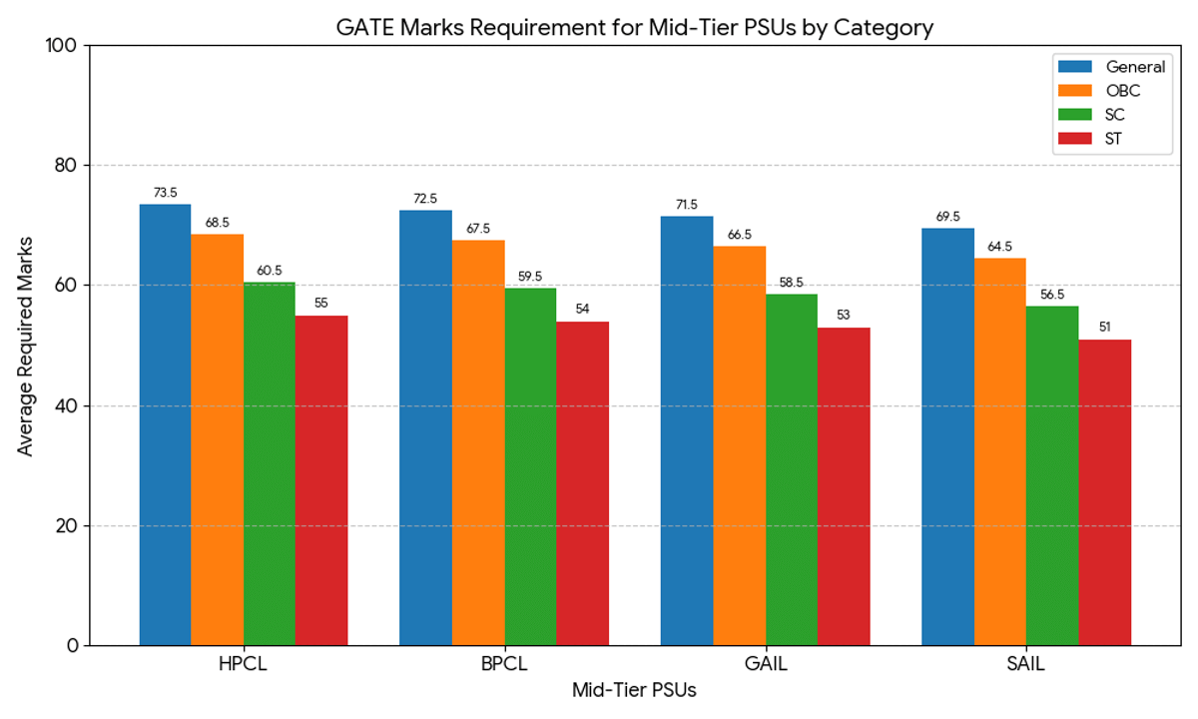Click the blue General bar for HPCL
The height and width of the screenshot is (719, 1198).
pos(165,424)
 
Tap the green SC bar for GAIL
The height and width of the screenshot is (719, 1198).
pos(792,469)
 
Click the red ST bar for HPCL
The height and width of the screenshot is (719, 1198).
pos(321,480)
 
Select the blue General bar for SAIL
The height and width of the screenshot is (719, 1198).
pos(947,436)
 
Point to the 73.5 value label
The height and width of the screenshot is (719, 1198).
pos(165,193)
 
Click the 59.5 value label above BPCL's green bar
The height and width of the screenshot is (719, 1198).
pos(530,277)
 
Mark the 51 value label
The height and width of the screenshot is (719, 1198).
pos(1105,328)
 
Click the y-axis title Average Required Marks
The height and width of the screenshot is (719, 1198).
pos(26,346)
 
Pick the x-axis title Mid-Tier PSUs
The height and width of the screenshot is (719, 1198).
pos(634,690)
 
